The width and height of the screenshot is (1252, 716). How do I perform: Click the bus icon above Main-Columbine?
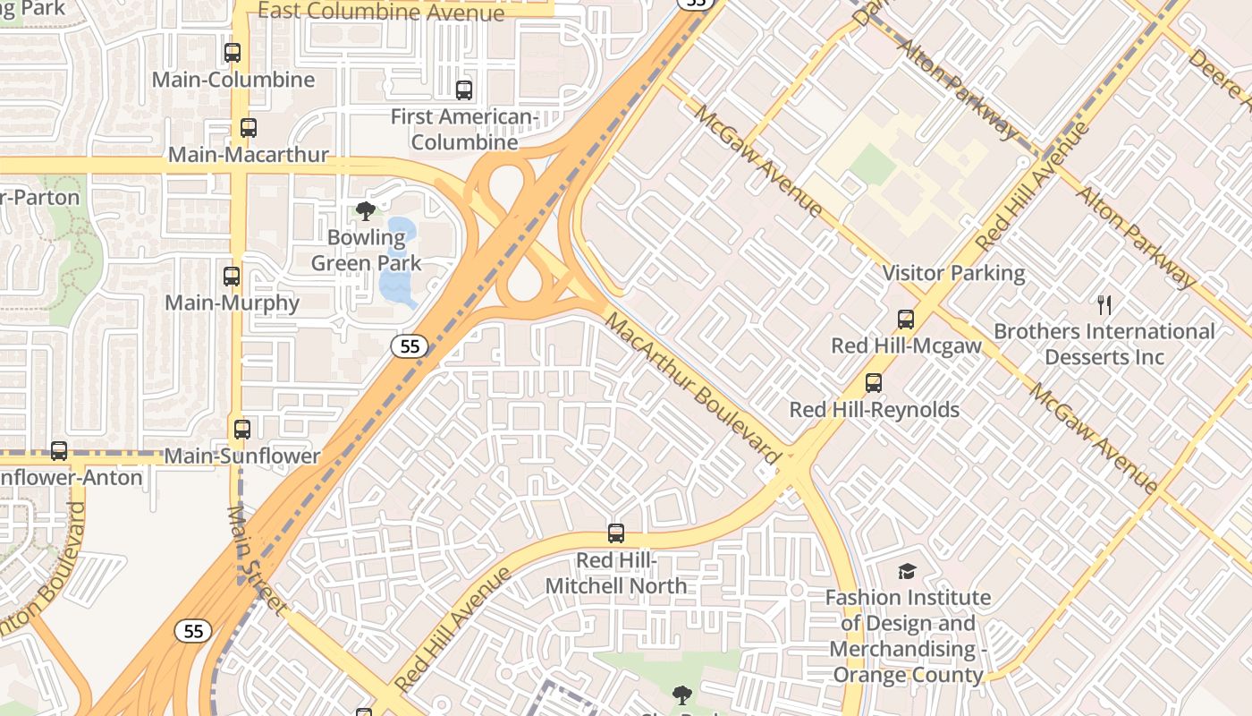click(x=233, y=53)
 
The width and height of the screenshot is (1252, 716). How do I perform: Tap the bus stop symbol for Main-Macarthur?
click(x=249, y=128)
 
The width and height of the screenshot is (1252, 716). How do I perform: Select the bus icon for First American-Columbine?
click(x=464, y=89)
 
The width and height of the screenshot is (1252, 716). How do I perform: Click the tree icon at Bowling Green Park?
click(x=365, y=211)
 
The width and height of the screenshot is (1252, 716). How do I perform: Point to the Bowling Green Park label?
click(x=366, y=251)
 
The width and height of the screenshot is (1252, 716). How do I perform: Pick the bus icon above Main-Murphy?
click(x=232, y=276)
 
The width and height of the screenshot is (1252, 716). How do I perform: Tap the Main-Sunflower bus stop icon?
click(x=241, y=429)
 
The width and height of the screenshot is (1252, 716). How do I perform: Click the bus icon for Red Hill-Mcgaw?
click(x=906, y=320)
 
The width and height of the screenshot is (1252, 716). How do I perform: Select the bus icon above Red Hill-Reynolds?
click(x=874, y=383)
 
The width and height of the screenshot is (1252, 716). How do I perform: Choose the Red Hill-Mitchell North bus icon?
click(x=616, y=533)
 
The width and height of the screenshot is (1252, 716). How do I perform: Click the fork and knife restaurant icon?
click(x=1104, y=305)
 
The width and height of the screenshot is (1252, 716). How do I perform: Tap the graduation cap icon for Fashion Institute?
click(x=907, y=571)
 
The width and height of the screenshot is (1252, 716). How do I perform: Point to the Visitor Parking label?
click(x=953, y=273)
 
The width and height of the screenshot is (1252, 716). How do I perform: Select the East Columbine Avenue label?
click(x=381, y=12)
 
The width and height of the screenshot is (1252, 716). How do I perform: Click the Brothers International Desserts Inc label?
click(x=1104, y=344)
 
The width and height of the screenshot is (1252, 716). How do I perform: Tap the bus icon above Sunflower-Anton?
click(x=59, y=450)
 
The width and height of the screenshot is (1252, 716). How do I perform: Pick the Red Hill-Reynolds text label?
click(x=874, y=410)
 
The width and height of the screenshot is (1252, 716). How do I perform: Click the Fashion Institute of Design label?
click(x=908, y=635)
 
